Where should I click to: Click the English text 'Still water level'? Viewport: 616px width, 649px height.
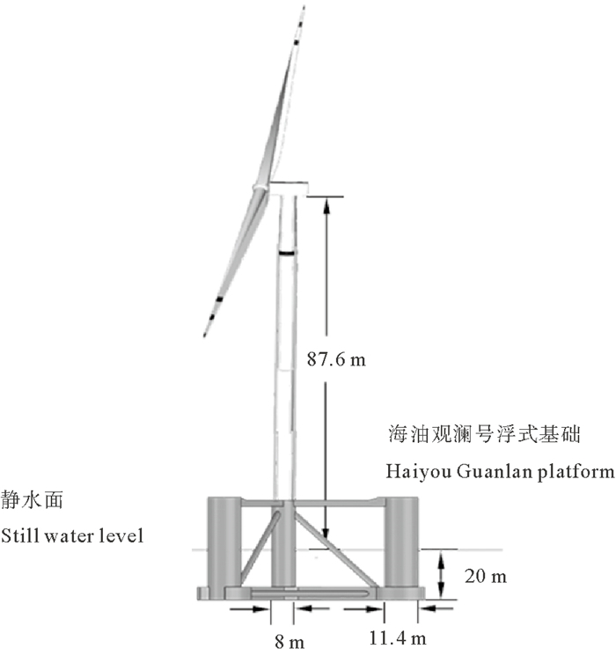pos(72,535)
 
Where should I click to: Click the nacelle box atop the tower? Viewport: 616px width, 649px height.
pos(289,188)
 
